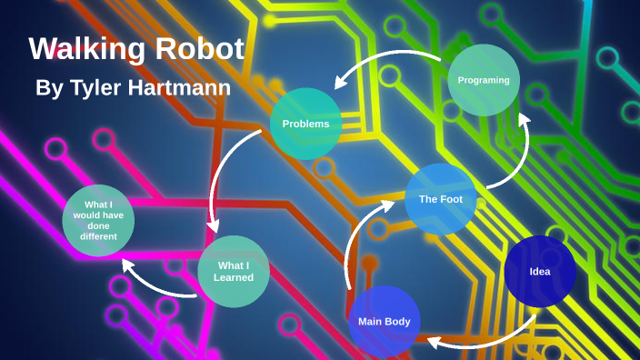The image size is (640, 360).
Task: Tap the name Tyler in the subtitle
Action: pos(97,88)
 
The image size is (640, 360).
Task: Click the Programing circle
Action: pos(484,80)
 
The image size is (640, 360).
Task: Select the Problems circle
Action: pos(305,124)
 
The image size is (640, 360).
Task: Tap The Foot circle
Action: pos(441,199)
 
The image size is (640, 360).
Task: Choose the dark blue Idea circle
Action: pos(540,271)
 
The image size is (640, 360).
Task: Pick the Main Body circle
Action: pos(385,321)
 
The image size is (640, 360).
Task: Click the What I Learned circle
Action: pos(234,271)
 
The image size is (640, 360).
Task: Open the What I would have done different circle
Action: pos(98,220)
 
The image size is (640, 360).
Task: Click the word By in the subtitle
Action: pos(49,88)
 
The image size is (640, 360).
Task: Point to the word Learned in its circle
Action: pos(234,277)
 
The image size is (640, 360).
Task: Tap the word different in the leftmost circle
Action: pos(98,236)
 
